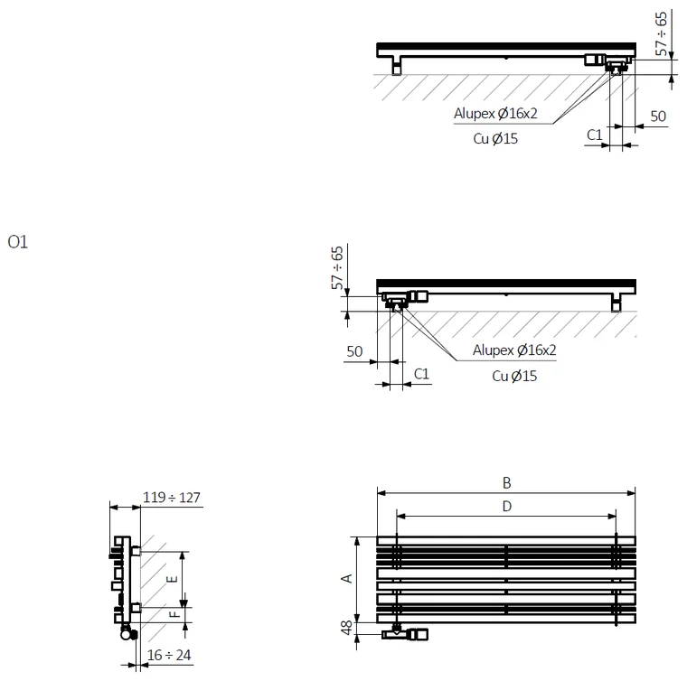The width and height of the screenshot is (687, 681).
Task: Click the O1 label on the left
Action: click(17, 241)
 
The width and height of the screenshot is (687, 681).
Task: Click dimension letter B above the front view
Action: click(506, 482)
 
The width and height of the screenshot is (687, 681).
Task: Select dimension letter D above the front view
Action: click(506, 507)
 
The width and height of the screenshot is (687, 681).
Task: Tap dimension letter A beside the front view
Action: click(346, 579)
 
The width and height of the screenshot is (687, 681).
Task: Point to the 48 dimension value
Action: click(346, 627)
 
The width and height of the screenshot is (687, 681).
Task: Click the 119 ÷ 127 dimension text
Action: click(172, 498)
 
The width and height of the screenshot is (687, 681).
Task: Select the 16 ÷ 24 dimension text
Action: click(169, 655)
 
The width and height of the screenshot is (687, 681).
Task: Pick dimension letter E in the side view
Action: click(172, 579)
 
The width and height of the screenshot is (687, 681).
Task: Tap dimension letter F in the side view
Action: click(174, 614)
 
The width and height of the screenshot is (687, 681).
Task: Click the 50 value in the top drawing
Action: click(658, 117)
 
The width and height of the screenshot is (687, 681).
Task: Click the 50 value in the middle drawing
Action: click(354, 351)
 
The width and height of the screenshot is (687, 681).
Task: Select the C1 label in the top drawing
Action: click(595, 135)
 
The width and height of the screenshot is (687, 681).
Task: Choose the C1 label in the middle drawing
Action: click(421, 374)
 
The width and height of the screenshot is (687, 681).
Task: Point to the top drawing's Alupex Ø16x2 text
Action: click(495, 114)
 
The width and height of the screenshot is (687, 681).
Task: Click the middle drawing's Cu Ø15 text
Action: click(514, 376)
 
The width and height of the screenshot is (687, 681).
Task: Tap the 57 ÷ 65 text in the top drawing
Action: click(661, 34)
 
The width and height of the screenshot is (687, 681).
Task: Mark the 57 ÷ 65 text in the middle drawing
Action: click(337, 268)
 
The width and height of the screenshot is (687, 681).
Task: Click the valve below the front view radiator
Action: click(404, 633)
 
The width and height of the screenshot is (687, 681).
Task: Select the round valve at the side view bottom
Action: click(128, 633)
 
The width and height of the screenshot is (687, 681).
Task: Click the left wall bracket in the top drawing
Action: click(397, 66)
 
